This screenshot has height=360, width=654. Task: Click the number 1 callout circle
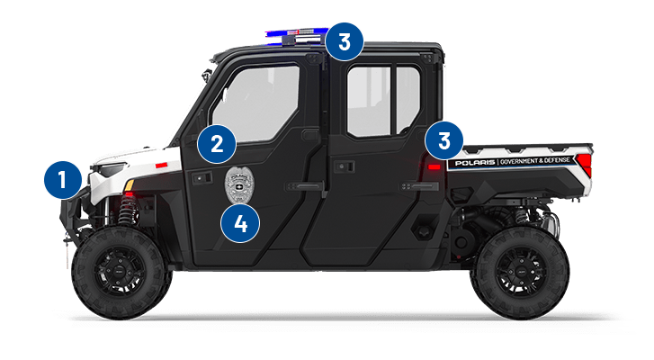click(62, 181)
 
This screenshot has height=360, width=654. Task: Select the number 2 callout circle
click(218, 142)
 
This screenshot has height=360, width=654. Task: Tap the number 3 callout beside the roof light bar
click(344, 40)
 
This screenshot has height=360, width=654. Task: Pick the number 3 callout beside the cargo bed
click(444, 140)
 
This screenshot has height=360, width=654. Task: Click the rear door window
click(382, 99)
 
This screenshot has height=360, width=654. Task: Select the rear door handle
click(422, 185)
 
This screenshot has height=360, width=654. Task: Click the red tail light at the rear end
click(585, 164)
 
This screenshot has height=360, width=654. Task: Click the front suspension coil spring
click(127, 211)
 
